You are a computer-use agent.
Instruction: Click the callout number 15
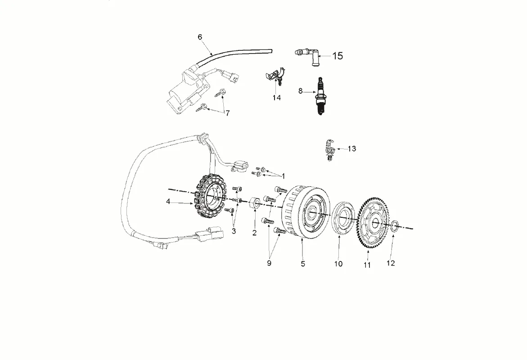pos(338,56)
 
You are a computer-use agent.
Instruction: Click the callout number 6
pos(200,37)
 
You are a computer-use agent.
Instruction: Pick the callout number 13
pos(352,148)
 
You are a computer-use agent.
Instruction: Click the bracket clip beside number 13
pos(329,149)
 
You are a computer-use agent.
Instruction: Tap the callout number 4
pos(168,202)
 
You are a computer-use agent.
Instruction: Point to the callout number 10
pos(338,264)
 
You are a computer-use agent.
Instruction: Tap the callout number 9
pos(269,263)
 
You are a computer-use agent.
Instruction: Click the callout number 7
pos(228,113)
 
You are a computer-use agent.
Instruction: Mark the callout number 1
pos(284,175)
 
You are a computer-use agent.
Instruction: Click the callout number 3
pos(234,231)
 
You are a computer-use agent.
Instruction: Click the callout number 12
pos(391,263)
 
